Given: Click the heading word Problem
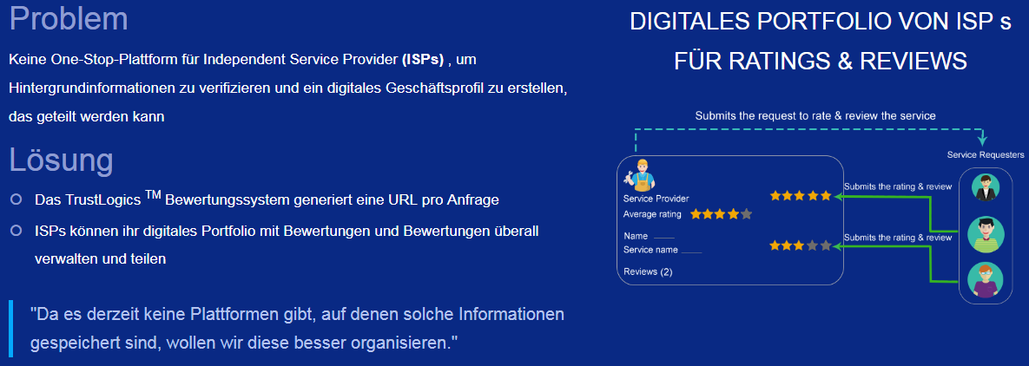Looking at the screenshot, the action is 69,18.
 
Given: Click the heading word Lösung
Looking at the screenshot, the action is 61,160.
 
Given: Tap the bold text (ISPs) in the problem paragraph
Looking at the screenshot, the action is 423,60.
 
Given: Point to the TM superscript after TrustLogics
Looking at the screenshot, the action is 153,193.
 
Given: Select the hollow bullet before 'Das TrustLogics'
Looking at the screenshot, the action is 16,199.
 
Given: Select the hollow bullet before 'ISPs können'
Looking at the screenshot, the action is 16,231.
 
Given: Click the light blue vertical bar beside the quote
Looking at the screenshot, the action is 11,327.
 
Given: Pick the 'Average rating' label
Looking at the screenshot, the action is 652,214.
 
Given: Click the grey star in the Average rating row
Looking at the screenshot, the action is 746,214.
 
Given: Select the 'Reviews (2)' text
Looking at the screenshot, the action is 648,271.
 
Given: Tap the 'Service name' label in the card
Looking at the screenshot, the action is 650,250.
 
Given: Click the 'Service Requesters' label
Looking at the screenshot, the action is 985,154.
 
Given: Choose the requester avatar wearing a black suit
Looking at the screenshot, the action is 985,187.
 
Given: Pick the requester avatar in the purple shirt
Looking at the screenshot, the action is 985,280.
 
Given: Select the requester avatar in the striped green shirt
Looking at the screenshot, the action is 986,233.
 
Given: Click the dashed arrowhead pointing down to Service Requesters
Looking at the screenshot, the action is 982,140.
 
